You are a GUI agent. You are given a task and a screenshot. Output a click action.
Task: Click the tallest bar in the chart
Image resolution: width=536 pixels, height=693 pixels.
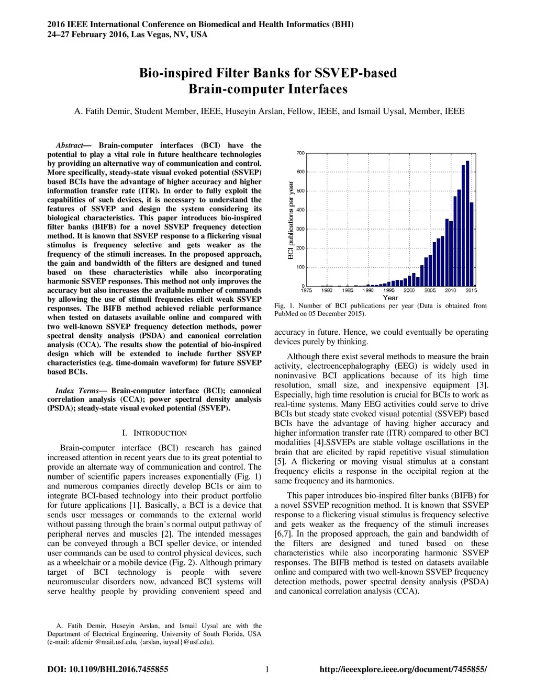click(467, 223)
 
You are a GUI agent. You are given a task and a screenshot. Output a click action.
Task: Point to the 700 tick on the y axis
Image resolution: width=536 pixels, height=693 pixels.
click(300, 153)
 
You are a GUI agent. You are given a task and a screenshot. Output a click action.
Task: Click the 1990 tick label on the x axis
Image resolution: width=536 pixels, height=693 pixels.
click(368, 290)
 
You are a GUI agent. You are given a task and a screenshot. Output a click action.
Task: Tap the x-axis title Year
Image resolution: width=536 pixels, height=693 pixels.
click(390, 298)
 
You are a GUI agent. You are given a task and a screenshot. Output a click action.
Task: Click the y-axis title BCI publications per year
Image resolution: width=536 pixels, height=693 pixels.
click(291, 220)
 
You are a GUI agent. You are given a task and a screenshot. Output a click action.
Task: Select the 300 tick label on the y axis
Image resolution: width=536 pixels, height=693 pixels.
click(300, 229)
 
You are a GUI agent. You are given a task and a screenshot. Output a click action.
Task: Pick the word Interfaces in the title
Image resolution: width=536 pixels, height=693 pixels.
click(319, 89)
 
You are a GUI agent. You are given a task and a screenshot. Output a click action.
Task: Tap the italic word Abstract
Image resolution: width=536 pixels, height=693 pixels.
click(70, 145)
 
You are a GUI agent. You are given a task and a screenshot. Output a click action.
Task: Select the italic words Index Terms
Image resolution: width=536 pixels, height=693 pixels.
click(77, 391)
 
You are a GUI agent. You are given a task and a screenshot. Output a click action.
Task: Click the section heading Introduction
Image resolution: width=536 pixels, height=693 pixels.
click(160, 433)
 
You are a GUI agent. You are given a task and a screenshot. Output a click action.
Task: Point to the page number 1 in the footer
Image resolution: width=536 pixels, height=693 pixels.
click(267, 669)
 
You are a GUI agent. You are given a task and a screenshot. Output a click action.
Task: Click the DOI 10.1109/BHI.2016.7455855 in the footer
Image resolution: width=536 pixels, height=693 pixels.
click(119, 669)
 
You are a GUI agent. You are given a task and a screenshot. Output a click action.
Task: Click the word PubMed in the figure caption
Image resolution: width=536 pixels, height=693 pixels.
click(286, 314)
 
